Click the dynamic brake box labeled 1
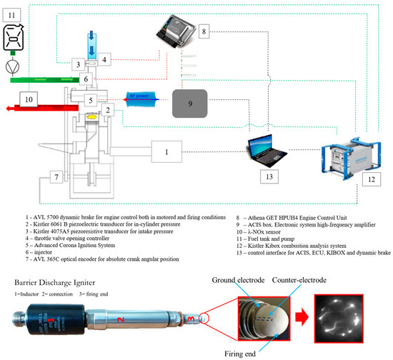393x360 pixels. (167, 151)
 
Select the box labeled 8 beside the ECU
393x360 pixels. (204, 32)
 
